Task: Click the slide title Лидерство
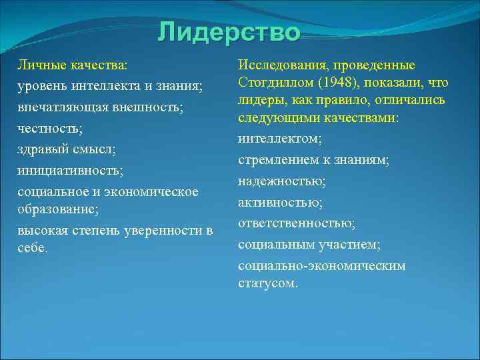pyautogui.click(x=229, y=33)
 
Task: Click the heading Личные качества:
pyautogui.click(x=73, y=66)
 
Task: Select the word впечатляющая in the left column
pyautogui.click(x=57, y=107)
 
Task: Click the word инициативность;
pyautogui.click(x=70, y=170)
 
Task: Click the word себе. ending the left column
pyautogui.click(x=33, y=247)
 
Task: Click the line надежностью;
pyautogui.click(x=283, y=181)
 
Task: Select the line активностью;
pyautogui.click(x=281, y=202)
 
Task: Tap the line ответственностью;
pyautogui.click(x=297, y=223)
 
